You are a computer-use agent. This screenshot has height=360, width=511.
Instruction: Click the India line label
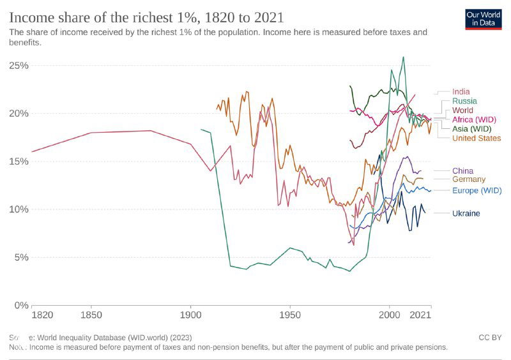pos(461,92)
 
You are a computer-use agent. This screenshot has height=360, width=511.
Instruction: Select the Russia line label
pos(464,101)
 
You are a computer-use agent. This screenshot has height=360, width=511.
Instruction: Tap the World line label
pos(462,110)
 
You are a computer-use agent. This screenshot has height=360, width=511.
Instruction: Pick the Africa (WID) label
pos(473,119)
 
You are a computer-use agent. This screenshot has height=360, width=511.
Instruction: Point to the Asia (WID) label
pos(471,129)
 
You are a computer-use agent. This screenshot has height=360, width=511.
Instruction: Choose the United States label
pos(476,138)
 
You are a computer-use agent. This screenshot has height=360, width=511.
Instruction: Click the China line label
pos(462,170)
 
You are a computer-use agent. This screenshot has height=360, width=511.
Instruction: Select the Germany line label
pos(469,179)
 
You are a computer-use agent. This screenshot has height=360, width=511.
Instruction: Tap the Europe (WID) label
pos(476,190)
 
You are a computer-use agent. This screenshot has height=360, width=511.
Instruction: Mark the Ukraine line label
pos(466,213)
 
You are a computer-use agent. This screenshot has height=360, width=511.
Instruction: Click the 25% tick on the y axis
pos(17,66)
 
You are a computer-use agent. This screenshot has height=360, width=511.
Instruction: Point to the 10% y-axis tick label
pos(17,209)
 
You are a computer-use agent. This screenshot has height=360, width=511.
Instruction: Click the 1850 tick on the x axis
pos(91,315)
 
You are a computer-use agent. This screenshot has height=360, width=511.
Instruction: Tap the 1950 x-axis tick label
pos(290,315)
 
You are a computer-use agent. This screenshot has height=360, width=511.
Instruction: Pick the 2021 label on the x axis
pos(420,315)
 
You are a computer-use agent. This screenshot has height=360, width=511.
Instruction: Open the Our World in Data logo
pos(483,19)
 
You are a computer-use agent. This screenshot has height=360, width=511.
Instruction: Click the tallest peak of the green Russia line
pos(403,57)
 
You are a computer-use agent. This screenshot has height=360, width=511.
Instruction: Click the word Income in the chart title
pos(29,17)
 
